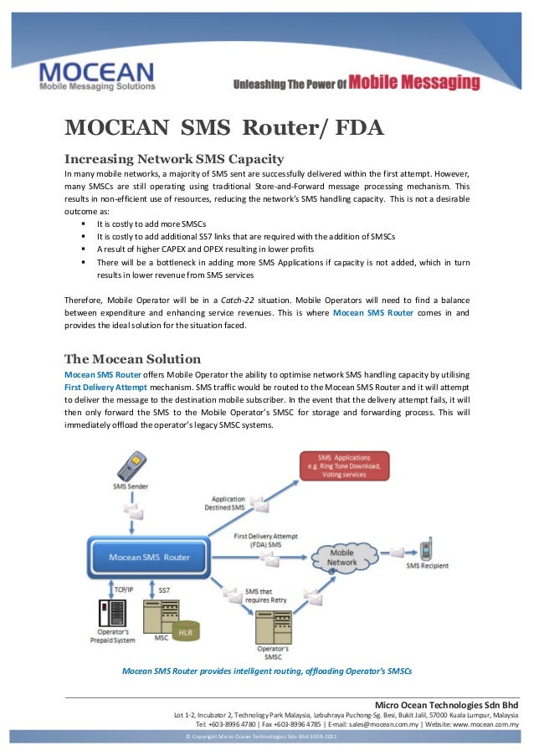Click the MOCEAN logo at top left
pyautogui.click(x=96, y=74)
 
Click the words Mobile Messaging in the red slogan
pyautogui.click(x=414, y=83)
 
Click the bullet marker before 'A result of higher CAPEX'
pyautogui.click(x=84, y=249)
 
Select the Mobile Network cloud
pyautogui.click(x=342, y=558)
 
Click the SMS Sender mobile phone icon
pyautogui.click(x=132, y=465)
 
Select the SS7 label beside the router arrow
pyautogui.click(x=164, y=590)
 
